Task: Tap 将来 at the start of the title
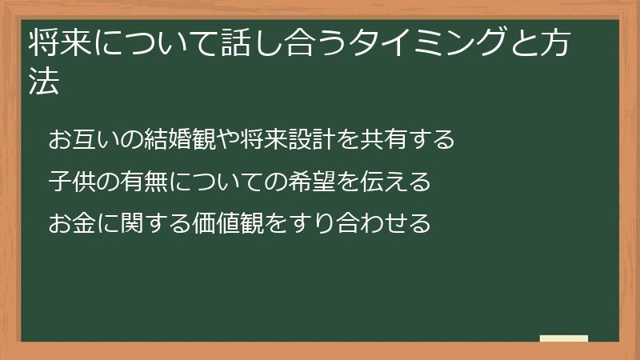(x=55, y=46)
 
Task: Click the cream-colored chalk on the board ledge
(x=564, y=338)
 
